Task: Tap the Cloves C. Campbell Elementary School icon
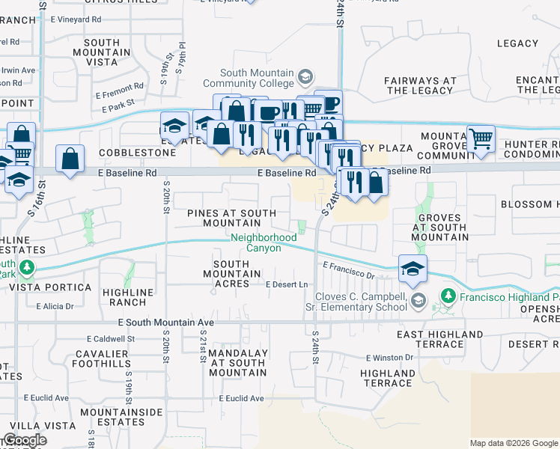click(419, 301)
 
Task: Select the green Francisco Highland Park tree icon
click(448, 296)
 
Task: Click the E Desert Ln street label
click(287, 284)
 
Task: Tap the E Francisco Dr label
click(348, 270)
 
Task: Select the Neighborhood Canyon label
click(263, 242)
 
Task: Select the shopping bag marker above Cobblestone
click(70, 159)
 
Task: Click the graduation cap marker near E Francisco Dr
click(413, 269)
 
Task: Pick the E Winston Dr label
click(389, 358)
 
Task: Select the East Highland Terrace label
click(439, 339)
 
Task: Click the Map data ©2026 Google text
click(513, 443)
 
